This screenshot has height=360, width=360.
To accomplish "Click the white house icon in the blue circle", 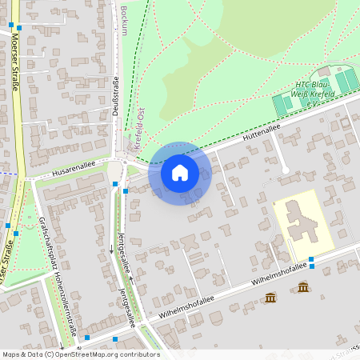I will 180,172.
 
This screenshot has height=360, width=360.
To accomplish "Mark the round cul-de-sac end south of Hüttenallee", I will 285,170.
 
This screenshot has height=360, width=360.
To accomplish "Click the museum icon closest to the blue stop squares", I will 303,287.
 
